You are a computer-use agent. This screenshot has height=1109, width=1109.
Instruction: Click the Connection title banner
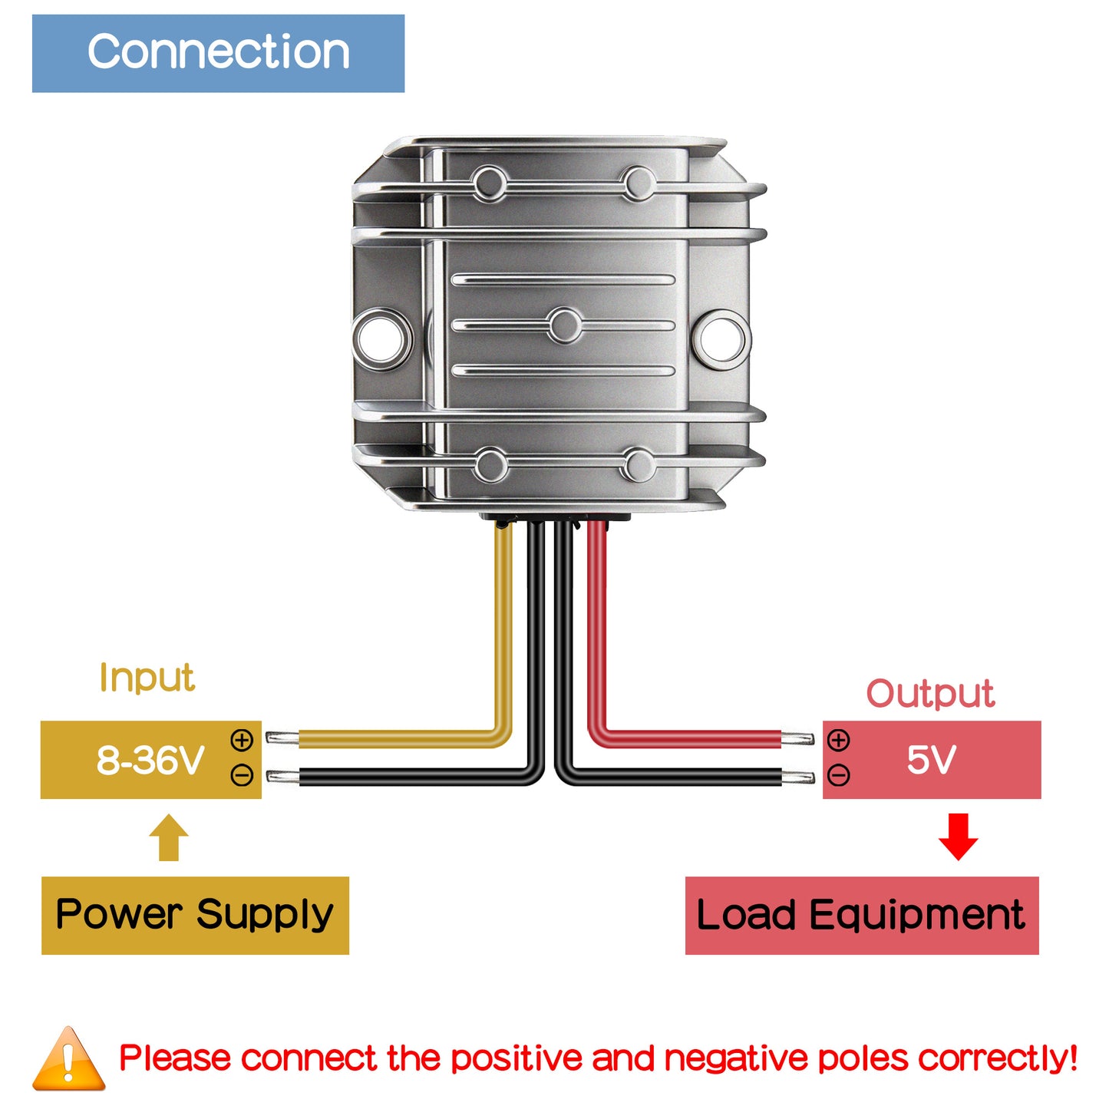(x=218, y=54)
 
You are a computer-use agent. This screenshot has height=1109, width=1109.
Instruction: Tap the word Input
(x=147, y=678)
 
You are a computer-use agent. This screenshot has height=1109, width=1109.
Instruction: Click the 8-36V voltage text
(x=150, y=761)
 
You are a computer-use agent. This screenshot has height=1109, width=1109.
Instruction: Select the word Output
(x=930, y=694)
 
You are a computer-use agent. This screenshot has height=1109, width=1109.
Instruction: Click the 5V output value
(x=931, y=760)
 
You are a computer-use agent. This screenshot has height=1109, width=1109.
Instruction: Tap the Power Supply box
(x=195, y=915)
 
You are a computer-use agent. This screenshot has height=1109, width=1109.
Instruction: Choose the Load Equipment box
(x=861, y=915)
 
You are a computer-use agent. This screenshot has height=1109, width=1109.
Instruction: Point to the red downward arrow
(x=958, y=837)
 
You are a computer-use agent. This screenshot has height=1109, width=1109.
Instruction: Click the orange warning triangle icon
(x=69, y=1061)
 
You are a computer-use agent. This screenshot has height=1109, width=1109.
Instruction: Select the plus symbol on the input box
(x=242, y=741)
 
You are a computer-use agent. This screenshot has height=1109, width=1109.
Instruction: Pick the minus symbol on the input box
(x=242, y=776)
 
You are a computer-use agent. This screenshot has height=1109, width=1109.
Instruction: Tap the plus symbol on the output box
(x=839, y=741)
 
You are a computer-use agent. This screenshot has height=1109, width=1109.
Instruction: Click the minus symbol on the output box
(x=839, y=776)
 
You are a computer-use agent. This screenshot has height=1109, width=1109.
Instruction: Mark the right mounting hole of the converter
(x=721, y=338)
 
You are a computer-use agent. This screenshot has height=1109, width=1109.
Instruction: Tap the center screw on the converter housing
(x=565, y=325)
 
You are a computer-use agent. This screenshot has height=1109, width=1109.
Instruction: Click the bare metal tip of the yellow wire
(x=282, y=739)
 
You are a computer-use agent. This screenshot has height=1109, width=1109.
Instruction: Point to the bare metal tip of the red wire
(x=798, y=739)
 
